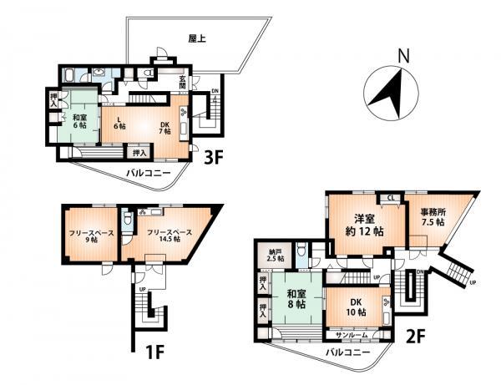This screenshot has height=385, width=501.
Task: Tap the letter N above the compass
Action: pos(403,57)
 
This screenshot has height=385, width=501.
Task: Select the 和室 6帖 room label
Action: pos(80,123)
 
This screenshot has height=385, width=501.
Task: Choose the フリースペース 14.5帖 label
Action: pos(170,236)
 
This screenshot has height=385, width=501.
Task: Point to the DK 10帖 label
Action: pos(355,306)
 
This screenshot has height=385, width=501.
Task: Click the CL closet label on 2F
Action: pos(390,198)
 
